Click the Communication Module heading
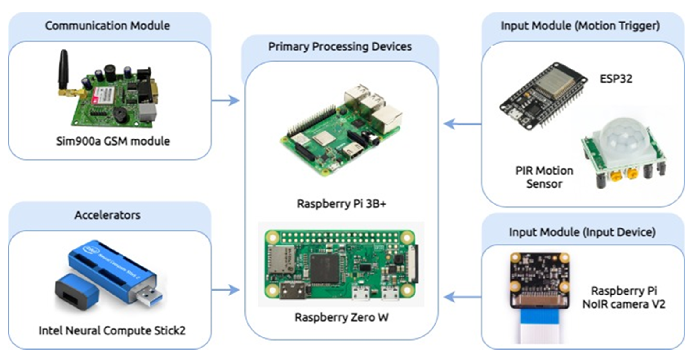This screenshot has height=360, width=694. coord(107,26)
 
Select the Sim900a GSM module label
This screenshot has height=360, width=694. coord(113,141)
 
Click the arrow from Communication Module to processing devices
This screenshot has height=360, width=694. coord(226,100)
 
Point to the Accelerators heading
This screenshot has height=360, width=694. coord(107,215)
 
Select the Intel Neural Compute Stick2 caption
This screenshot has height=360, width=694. coord(112,330)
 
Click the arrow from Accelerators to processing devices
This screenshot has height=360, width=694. coord(226,290)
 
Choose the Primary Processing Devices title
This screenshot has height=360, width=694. coord(340,47)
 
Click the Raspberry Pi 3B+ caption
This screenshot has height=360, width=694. coord(341,203)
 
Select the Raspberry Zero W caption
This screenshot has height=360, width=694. coord(341,317)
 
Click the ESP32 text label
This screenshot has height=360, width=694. coord(616,79)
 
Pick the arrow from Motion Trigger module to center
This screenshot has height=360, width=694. coord(462,124)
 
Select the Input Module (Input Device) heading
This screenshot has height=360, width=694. coord(582,232)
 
